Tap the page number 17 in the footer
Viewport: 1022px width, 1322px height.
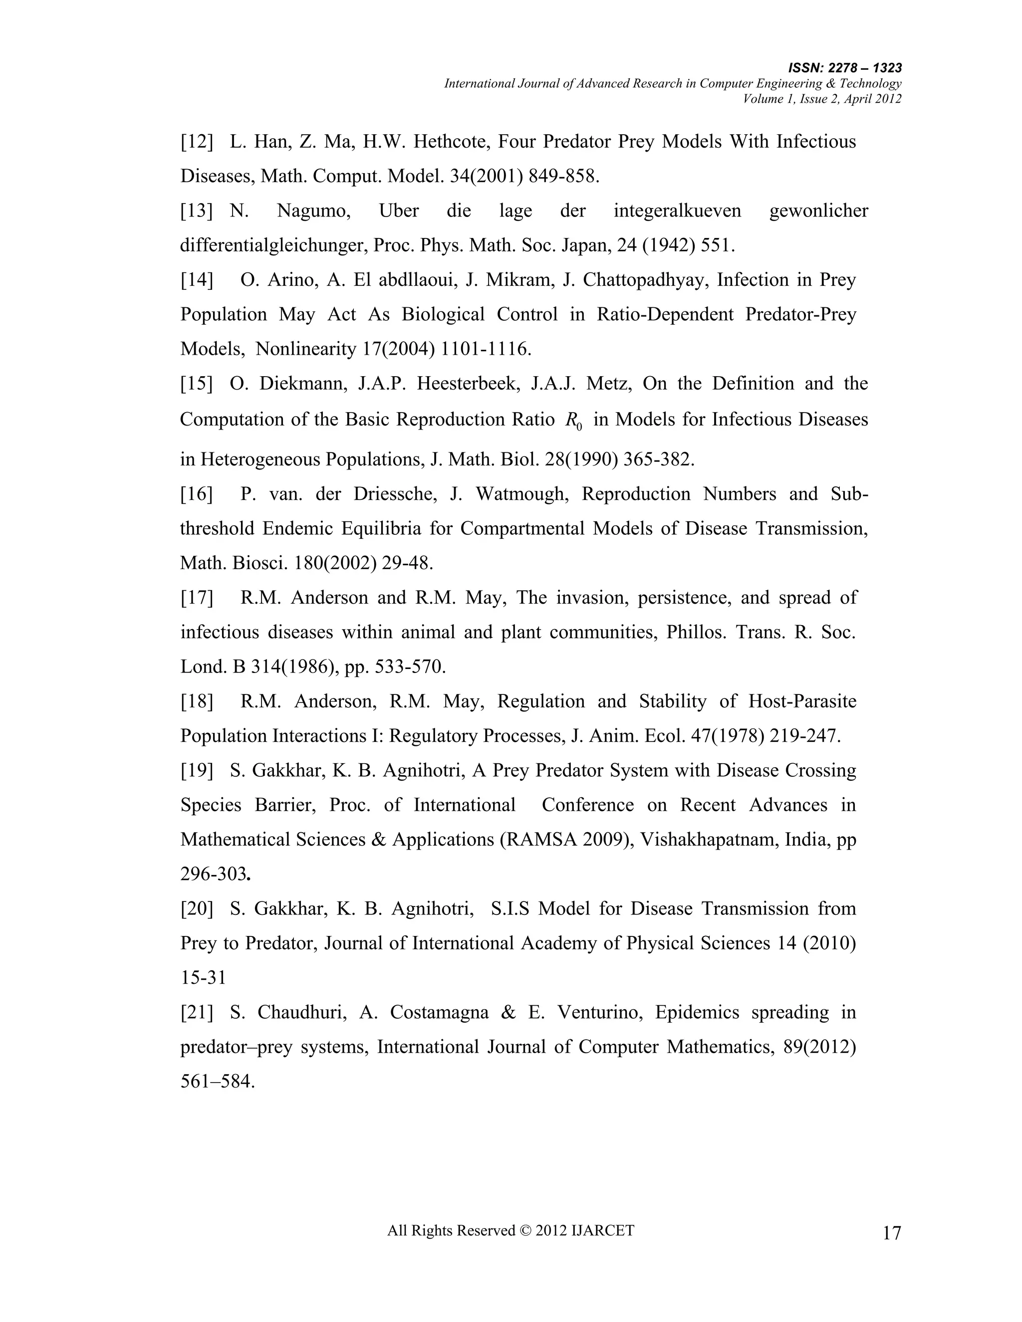pos(891,1232)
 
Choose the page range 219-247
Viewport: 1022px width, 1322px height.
pos(808,736)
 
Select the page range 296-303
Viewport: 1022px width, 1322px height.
pos(214,874)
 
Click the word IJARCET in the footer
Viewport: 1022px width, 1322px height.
pos(602,1230)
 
